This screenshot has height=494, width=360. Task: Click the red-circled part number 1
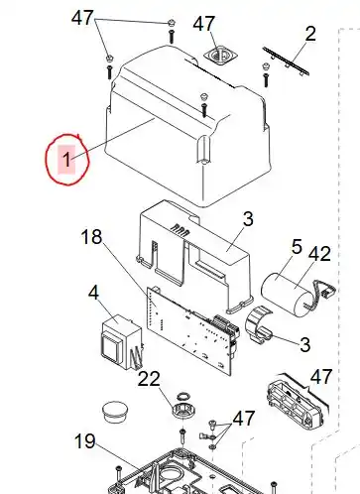click(x=66, y=160)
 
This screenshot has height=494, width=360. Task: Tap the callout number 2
click(x=309, y=34)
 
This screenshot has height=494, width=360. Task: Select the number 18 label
click(x=91, y=237)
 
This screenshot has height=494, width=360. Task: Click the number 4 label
click(x=93, y=293)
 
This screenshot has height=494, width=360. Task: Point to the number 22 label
click(x=149, y=379)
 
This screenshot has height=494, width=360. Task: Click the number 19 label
click(x=85, y=441)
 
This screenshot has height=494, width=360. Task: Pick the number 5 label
click(x=297, y=247)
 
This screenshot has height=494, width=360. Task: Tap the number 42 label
click(x=319, y=254)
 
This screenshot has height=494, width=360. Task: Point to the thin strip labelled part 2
click(x=286, y=62)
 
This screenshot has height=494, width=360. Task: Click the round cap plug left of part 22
click(x=115, y=412)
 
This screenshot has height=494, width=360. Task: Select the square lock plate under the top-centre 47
click(x=220, y=56)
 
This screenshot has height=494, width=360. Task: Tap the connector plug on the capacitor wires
click(x=329, y=291)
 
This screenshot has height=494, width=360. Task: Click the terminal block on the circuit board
click(x=225, y=325)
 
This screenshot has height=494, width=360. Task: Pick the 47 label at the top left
click(x=82, y=18)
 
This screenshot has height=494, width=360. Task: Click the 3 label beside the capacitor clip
click(x=304, y=344)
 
